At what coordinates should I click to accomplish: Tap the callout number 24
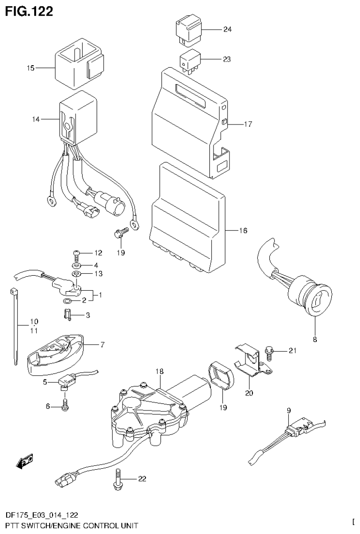(x=227, y=30)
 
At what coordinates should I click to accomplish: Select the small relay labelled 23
(x=190, y=61)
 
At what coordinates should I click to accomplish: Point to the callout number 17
(x=248, y=124)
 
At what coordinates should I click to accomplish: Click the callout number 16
(x=243, y=231)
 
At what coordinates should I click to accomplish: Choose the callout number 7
(x=102, y=345)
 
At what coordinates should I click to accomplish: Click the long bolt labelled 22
(x=117, y=478)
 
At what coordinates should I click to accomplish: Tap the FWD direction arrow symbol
(x=24, y=461)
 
